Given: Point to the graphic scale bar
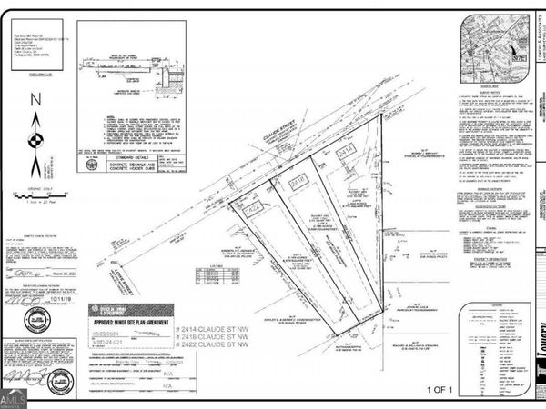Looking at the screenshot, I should pos(35,195).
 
